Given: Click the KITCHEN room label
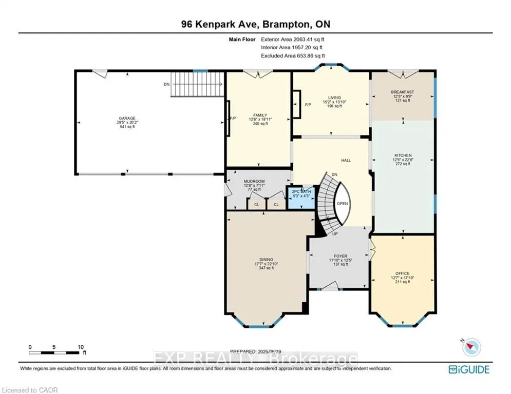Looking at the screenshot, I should pyautogui.click(x=403, y=155).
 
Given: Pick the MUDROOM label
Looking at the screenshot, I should pyautogui.click(x=254, y=182).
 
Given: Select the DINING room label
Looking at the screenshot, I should pyautogui.click(x=266, y=260).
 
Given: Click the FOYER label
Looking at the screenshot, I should pyautogui.click(x=340, y=256).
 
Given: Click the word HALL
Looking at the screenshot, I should pyautogui.click(x=346, y=161).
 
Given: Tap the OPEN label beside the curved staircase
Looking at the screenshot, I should pyautogui.click(x=342, y=203).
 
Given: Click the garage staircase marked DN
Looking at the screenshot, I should pyautogui.click(x=198, y=85).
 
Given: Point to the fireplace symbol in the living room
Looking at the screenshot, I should pyautogui.click(x=296, y=105).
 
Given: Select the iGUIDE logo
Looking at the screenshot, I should pyautogui.click(x=468, y=369).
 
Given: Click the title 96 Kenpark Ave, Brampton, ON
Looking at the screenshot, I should pyautogui.click(x=255, y=24).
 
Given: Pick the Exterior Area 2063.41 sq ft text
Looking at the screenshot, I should pyautogui.click(x=293, y=39).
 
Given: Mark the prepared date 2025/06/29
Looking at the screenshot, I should pyautogui.click(x=255, y=351).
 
